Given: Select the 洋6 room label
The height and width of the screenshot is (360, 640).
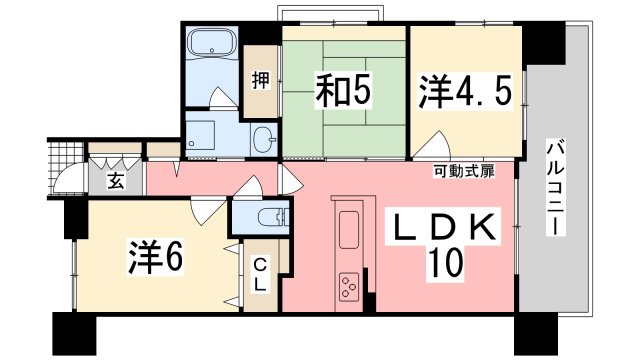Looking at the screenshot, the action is [x=155, y=257].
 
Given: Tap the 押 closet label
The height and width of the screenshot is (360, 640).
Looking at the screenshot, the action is [x=260, y=80].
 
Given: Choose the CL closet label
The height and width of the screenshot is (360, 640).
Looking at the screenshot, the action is [x=260, y=275].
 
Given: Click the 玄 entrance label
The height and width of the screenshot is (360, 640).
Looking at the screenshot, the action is [x=116, y=182].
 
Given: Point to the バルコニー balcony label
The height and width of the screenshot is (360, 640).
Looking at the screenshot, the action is [x=556, y=188].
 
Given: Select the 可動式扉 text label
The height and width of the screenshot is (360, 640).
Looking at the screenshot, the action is [x=464, y=171].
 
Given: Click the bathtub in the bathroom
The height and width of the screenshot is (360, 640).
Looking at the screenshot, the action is [x=212, y=43].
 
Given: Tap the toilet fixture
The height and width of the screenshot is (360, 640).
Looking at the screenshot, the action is [x=274, y=216].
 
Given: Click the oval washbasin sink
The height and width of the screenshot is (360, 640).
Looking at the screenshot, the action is [x=264, y=140].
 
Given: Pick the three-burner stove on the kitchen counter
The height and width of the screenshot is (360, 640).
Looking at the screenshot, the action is [x=349, y=287].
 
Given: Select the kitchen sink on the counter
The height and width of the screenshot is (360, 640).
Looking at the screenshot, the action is [x=349, y=230].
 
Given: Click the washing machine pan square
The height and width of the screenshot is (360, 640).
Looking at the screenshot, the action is [x=200, y=135].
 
